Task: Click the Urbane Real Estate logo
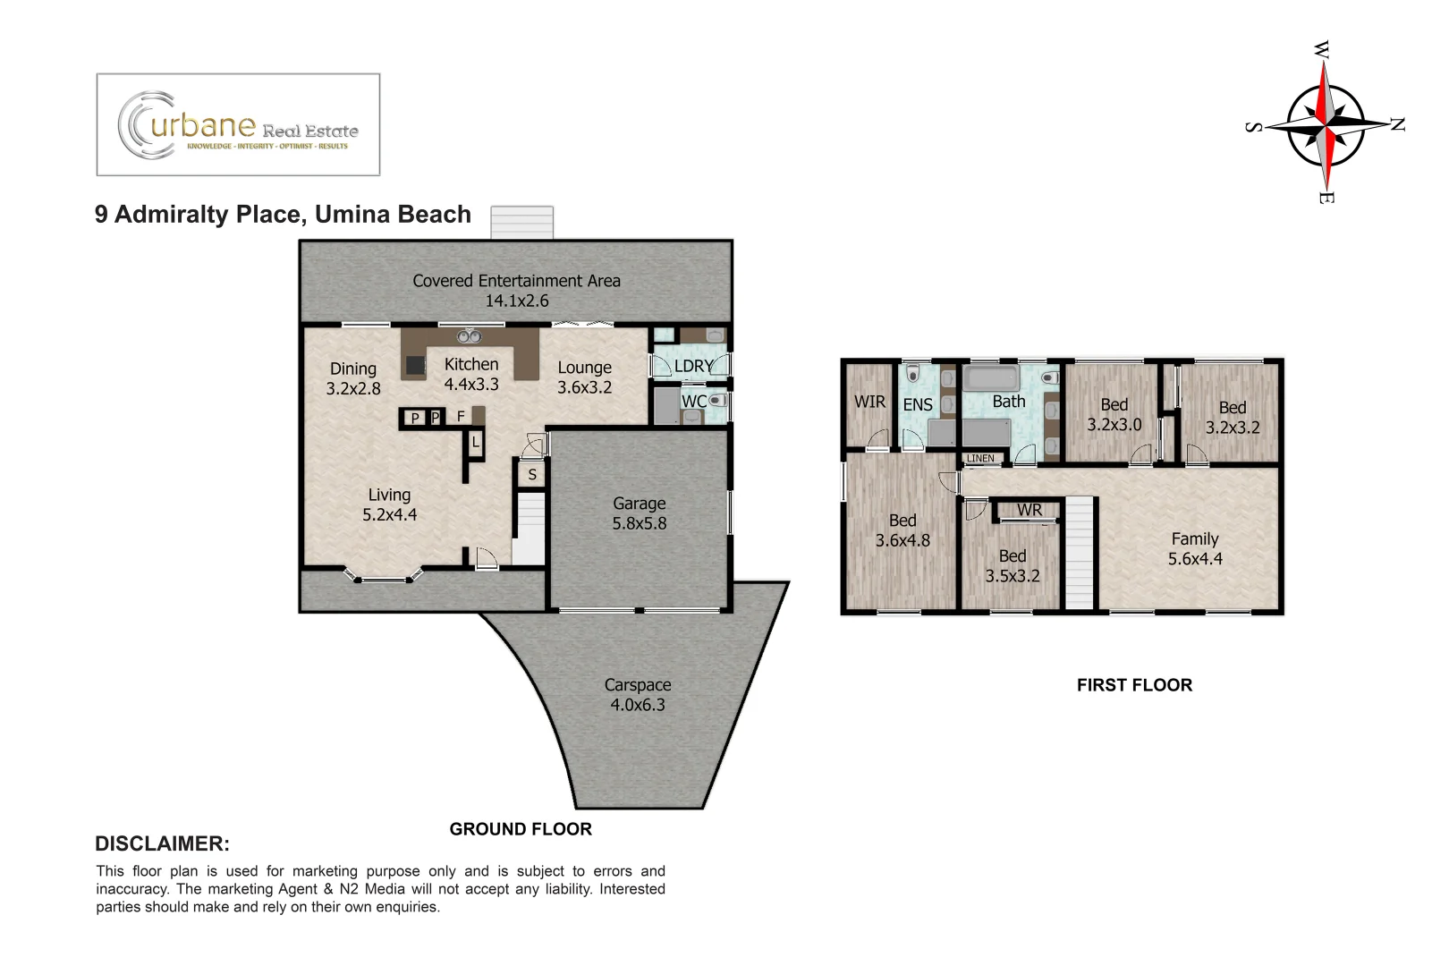point(238,125)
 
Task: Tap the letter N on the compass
point(1396,124)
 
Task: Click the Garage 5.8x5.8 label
point(639,513)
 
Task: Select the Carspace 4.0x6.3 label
point(637,695)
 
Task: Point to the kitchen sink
point(470,337)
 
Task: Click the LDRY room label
point(693,366)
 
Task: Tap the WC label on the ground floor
point(693,402)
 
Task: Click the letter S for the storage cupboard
point(532,475)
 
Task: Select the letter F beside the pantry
point(461,417)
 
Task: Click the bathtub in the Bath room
point(990,377)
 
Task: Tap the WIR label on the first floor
point(869,402)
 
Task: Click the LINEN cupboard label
point(980,458)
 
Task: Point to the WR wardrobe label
point(1029,510)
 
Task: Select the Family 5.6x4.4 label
point(1195,548)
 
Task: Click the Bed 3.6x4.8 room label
point(902,530)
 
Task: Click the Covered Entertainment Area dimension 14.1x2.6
point(517,301)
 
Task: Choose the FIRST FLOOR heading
point(1134,685)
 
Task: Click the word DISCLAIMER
point(162,843)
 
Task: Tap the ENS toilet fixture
point(913,373)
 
